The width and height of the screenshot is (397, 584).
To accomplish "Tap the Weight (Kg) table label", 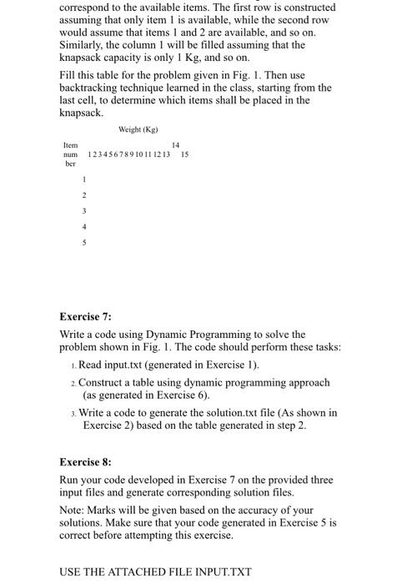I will point(138,129).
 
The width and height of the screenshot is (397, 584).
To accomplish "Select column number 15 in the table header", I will point(184,154).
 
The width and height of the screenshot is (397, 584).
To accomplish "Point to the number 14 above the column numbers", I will point(174,144).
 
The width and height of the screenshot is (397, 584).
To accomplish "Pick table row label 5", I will point(83,242).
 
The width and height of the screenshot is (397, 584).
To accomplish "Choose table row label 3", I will point(83,210).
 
